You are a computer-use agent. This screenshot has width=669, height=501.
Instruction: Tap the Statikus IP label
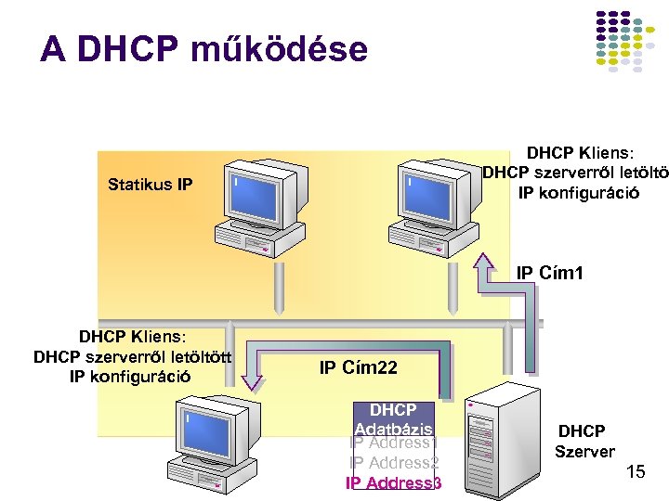[x=150, y=185]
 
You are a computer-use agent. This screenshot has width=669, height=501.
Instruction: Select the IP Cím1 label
[x=550, y=273]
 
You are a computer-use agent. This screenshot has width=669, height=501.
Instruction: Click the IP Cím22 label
[x=358, y=368]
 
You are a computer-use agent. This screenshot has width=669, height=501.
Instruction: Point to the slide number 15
[x=636, y=472]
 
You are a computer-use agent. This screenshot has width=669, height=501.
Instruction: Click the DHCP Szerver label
[x=584, y=442]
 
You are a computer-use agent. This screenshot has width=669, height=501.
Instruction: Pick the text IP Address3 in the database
[x=394, y=483]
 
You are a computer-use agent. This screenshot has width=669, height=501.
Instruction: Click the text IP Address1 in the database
[x=393, y=444]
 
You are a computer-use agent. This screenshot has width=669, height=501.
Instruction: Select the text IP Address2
[x=393, y=463]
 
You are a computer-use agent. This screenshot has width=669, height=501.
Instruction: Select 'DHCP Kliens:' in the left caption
[x=133, y=336]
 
